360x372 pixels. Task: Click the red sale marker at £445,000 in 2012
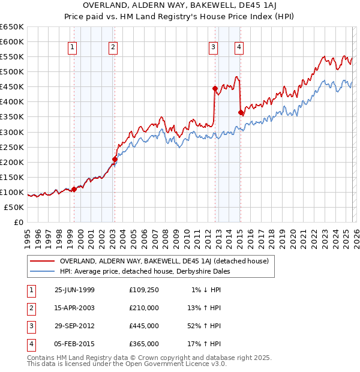(214, 88)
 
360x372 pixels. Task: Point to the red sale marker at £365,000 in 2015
(240, 112)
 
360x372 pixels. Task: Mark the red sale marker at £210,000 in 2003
(115, 159)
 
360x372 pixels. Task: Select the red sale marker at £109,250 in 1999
(74, 189)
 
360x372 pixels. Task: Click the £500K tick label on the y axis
(12, 71)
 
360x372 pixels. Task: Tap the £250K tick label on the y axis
(12, 147)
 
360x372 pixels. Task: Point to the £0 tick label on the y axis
(18, 222)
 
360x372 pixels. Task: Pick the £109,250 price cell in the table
(143, 290)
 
